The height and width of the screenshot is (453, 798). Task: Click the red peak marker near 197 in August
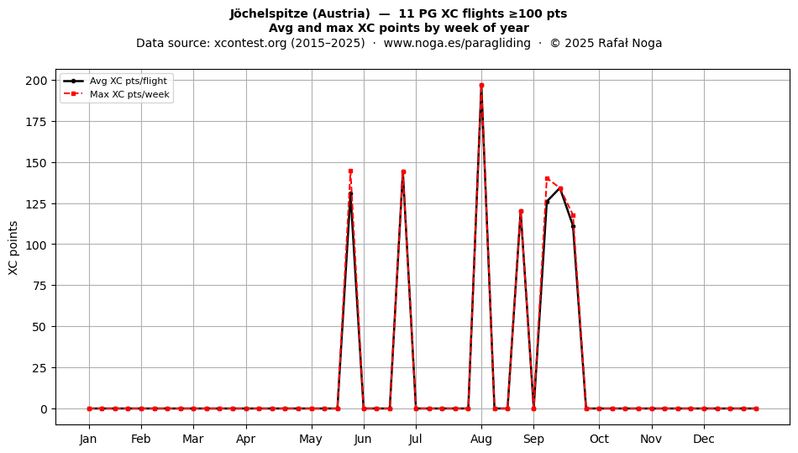tap(481, 86)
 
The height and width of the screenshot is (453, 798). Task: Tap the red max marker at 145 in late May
tap(350, 171)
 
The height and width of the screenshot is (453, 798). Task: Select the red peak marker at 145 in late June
tap(403, 172)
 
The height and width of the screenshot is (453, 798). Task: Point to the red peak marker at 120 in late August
tap(521, 212)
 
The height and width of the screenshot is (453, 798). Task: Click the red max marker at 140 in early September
tap(547, 179)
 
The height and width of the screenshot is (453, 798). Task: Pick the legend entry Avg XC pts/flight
tap(116, 81)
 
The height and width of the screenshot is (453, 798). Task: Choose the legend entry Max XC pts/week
tap(116, 94)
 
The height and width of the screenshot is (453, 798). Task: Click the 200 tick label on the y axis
tap(36, 81)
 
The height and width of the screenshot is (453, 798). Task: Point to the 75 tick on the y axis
tap(39, 286)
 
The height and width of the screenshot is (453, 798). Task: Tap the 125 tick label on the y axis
tap(36, 203)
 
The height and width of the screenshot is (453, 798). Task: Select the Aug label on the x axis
tap(481, 440)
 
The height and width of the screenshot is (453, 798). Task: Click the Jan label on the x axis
tap(88, 440)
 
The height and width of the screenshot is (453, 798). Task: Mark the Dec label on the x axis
tap(704, 440)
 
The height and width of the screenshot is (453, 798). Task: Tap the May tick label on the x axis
tap(311, 440)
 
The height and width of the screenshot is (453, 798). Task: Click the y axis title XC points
tap(13, 249)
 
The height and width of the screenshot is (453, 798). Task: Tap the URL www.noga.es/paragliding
tap(457, 43)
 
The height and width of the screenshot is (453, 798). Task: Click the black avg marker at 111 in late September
tap(573, 227)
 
